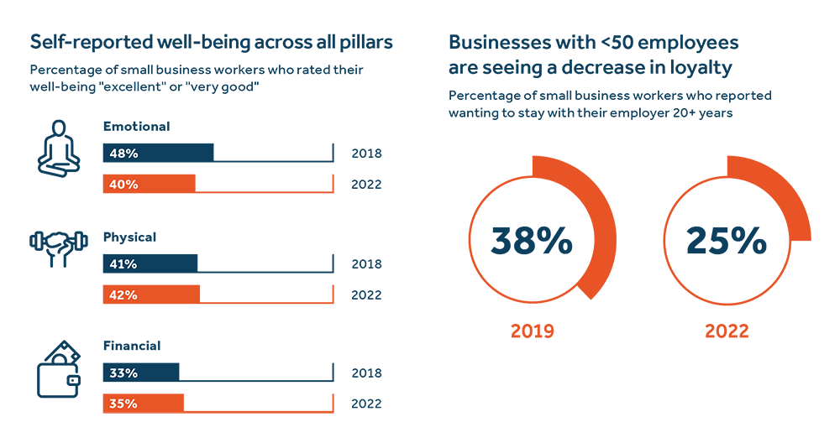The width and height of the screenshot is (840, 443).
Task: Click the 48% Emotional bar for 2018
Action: pos(158,154)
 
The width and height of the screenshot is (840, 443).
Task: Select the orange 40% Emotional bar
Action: pos(149,184)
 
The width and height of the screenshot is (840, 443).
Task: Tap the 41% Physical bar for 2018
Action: pos(150,263)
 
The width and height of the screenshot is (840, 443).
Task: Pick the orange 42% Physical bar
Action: pos(151,294)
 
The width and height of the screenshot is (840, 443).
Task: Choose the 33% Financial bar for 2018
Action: pos(141,373)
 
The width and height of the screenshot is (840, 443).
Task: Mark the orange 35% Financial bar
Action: pos(143,404)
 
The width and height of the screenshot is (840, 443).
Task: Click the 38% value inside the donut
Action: pos(532,242)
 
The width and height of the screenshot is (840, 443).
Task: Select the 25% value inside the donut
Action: pos(727,242)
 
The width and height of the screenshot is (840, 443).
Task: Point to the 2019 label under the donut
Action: pos(532,330)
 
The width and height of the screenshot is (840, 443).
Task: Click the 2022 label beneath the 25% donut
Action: pos(727,330)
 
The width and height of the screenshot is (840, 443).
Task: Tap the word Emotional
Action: pos(136,127)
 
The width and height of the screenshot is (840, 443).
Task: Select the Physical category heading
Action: pos(129,237)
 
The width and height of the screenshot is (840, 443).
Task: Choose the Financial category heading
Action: pos(132,346)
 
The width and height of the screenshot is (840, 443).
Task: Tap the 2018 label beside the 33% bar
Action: pos(366,373)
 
